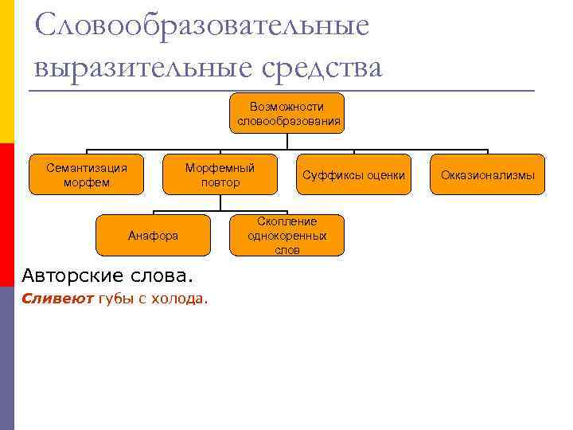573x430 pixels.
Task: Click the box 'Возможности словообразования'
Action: pyautogui.click(x=287, y=114)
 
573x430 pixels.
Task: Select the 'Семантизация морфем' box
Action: pyautogui.click(x=87, y=175)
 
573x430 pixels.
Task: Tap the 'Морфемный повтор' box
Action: pyautogui.click(x=220, y=175)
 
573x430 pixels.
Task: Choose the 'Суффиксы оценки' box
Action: pyautogui.click(x=353, y=175)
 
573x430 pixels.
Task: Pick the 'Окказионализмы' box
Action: pyautogui.click(x=488, y=175)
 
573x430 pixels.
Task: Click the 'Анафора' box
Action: pyautogui.click(x=153, y=236)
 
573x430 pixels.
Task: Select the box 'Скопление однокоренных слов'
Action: pyautogui.click(x=287, y=236)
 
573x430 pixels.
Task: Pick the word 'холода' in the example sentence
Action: pyautogui.click(x=184, y=299)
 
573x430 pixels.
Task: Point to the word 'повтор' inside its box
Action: pyautogui.click(x=220, y=182)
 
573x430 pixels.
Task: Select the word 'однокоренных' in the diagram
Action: pyautogui.click(x=287, y=236)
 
